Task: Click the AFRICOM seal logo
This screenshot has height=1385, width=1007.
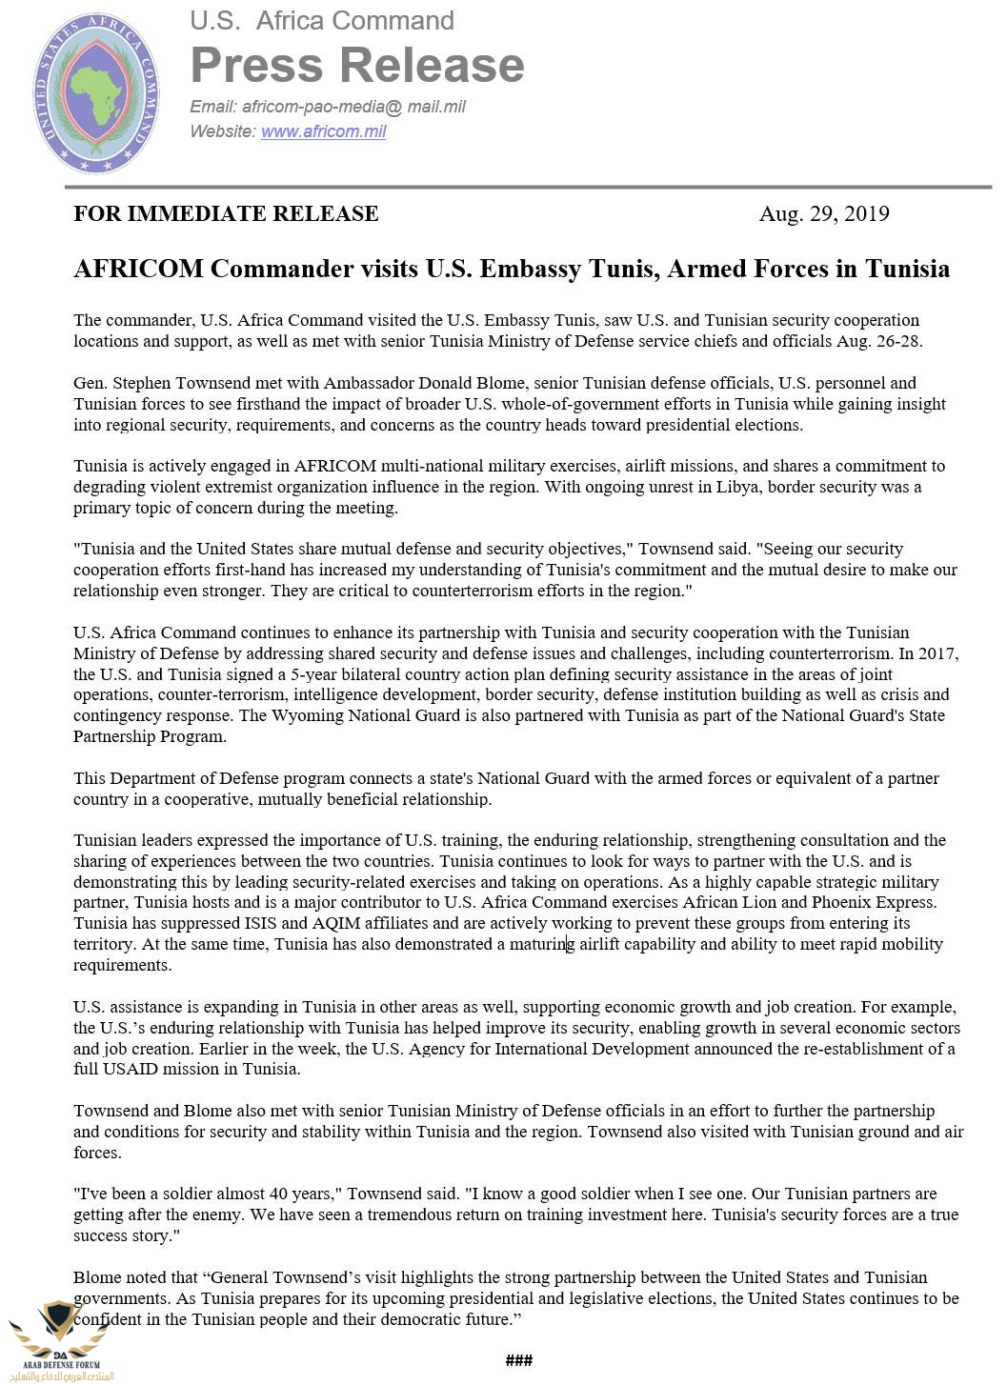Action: tap(96, 92)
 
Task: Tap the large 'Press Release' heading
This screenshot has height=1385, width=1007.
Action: tap(357, 65)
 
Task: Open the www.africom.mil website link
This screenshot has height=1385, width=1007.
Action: tap(323, 131)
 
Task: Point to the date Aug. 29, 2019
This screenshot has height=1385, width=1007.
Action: tap(824, 213)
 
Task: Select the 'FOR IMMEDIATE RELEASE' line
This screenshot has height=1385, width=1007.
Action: tap(226, 213)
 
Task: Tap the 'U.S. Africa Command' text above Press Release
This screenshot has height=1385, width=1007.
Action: tap(322, 21)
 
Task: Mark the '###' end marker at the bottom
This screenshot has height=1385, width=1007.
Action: tap(519, 1360)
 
